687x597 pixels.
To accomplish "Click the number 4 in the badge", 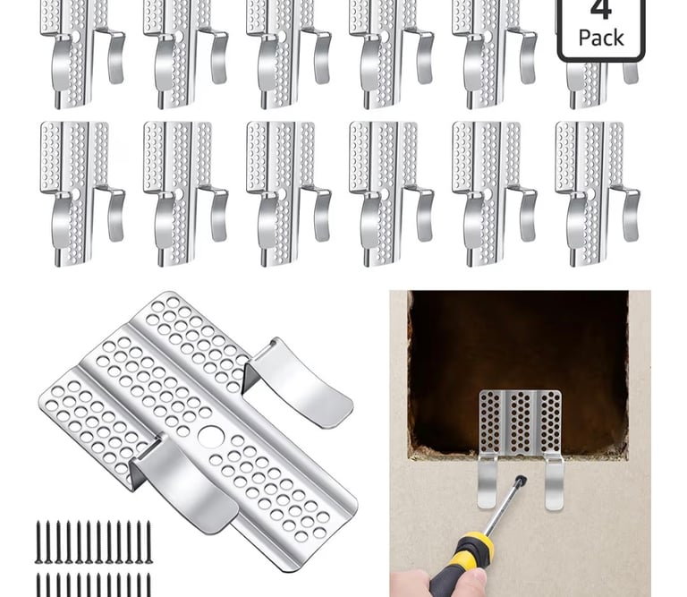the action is click(601, 10).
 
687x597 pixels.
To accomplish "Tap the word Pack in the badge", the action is click(601, 38).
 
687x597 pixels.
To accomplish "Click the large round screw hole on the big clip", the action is click(211, 437).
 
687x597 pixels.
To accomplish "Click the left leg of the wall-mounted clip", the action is click(487, 482).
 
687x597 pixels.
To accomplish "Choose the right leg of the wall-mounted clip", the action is click(555, 483).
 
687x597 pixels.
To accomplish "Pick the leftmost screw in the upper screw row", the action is click(38, 542).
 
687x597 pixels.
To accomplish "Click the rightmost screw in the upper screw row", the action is click(148, 542).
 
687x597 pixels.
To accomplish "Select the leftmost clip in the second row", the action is click(83, 193).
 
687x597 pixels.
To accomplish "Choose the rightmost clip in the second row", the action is click(598, 193).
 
